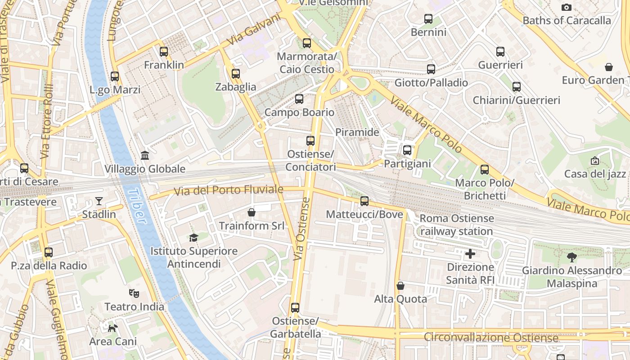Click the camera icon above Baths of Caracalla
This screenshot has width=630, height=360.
point(567,7)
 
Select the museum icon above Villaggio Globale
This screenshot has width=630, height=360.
point(145,156)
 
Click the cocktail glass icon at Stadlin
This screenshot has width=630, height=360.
point(99,201)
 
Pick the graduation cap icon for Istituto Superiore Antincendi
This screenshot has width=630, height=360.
point(194,238)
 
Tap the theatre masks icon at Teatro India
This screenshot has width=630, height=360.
point(134,293)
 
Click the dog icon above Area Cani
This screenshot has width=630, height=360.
point(112,328)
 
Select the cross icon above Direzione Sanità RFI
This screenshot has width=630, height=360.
point(470,254)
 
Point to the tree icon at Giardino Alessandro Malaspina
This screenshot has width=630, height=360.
point(572,257)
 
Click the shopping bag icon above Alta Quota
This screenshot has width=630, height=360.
point(400,286)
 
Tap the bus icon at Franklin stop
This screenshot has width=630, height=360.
point(164,52)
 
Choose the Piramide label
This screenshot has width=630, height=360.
point(357,132)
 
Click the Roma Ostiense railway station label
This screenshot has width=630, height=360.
point(456,225)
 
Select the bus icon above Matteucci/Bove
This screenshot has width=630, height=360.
point(364,201)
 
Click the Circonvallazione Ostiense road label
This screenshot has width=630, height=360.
point(491,337)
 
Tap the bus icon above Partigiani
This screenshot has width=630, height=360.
point(407,150)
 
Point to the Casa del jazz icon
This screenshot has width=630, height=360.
point(595,161)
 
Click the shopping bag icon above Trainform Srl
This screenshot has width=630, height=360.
point(252,212)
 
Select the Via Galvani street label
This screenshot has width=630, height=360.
point(253,29)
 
